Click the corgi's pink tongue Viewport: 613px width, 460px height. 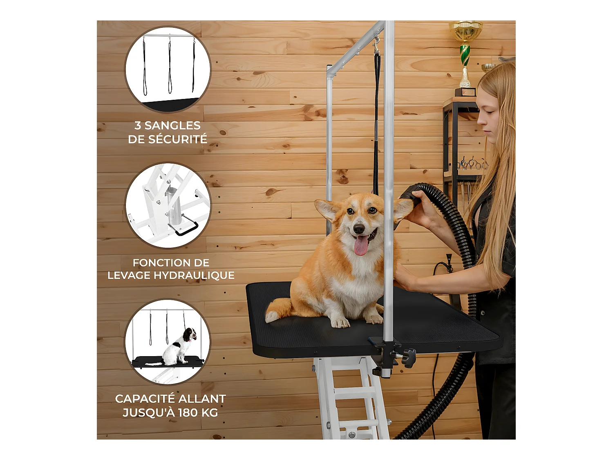(x=361, y=245)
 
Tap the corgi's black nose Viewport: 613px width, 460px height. (x=358, y=229)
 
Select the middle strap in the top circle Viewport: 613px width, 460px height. (x=170, y=66)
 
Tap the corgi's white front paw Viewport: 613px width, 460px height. (x=340, y=323)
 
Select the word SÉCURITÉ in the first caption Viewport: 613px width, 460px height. (x=181, y=139)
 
